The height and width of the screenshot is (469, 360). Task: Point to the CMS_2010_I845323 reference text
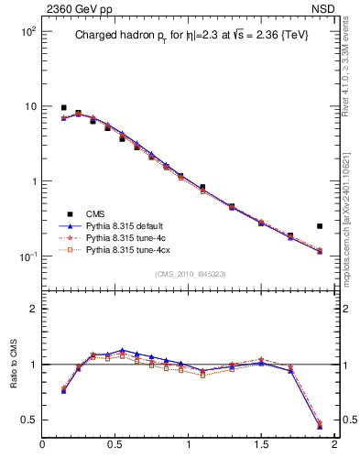pos(190,273)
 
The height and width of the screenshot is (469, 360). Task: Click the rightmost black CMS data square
pos(320,225)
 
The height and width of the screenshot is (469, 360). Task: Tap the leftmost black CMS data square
pos(63,108)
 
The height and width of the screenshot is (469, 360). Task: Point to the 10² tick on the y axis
pos(27,32)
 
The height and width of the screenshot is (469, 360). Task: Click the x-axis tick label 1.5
pos(262,445)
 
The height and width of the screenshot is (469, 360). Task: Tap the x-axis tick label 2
pos(334,445)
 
